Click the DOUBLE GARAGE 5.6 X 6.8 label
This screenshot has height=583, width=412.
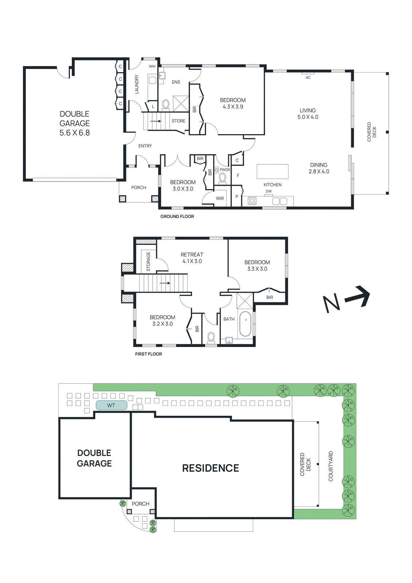tap(74, 123)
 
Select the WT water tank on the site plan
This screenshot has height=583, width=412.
tap(111, 405)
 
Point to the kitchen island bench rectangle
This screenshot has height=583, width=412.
tap(272, 171)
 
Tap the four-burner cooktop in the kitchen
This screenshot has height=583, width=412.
tap(252, 201)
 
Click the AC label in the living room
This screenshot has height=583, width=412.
tap(308, 77)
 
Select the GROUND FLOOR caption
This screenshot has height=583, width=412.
tap(177, 216)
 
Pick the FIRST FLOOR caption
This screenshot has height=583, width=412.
tap(148, 354)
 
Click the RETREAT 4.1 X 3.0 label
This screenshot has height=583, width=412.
tap(192, 258)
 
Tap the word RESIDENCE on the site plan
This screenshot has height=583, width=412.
tap(211, 468)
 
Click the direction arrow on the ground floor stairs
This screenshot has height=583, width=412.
tap(156, 121)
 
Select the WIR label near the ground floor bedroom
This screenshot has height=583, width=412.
tap(220, 198)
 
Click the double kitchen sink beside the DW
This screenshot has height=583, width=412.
tap(279, 201)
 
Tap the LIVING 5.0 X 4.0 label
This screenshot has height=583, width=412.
tap(308, 113)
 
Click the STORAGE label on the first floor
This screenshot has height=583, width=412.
tap(148, 262)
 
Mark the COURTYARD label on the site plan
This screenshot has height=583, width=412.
tap(330, 466)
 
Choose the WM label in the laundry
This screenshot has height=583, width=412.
tap(152, 66)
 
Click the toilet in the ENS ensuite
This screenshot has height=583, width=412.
tap(165, 105)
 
